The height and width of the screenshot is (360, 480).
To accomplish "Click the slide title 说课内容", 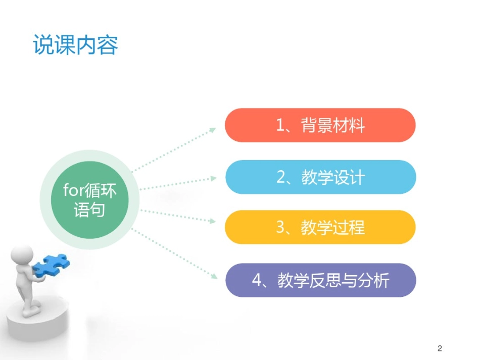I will (x=75, y=45).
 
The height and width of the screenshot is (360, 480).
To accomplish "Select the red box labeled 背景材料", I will (x=320, y=125).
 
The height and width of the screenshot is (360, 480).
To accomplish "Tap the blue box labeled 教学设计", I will (x=320, y=177).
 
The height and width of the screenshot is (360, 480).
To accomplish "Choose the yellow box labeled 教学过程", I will (x=320, y=227).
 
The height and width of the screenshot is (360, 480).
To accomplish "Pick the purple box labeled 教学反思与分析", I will (x=320, y=280).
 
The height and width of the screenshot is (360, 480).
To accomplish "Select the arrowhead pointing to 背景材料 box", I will (x=213, y=129).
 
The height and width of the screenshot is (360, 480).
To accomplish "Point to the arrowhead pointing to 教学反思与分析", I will (x=213, y=276).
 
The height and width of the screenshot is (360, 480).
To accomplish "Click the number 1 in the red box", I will (x=281, y=125).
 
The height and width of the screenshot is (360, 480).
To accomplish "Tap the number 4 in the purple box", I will (x=257, y=281).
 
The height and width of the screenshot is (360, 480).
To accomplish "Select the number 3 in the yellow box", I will (x=281, y=228).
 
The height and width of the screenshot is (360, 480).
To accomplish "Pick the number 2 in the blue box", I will (x=281, y=178).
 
